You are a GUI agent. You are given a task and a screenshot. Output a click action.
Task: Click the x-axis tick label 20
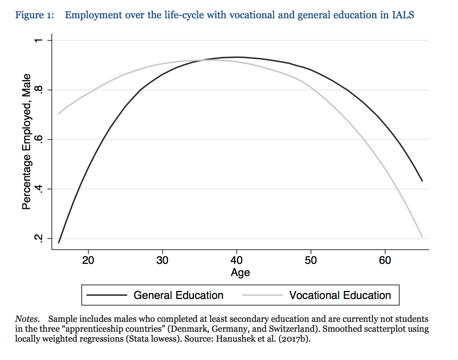click(89, 260)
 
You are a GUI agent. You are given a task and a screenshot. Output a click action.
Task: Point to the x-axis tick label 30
click(163, 260)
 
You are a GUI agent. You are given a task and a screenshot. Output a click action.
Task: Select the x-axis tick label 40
click(237, 260)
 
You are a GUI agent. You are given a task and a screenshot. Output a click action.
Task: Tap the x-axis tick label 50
click(311, 260)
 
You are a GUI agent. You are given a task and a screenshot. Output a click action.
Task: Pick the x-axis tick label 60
click(385, 260)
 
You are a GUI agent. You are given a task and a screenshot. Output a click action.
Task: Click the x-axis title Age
click(240, 273)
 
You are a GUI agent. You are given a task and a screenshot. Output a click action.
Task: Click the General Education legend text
click(178, 295)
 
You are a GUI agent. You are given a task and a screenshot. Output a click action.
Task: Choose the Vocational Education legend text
click(340, 295)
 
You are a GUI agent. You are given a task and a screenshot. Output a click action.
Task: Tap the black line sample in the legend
click(106, 295)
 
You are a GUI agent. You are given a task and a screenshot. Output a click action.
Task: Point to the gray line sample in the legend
click(262, 295)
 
